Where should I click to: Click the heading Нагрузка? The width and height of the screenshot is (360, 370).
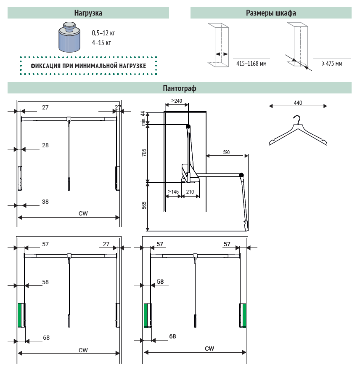tap(88, 13)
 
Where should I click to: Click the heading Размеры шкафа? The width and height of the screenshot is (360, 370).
tap(271, 13)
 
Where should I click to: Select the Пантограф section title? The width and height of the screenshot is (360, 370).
tap(180, 88)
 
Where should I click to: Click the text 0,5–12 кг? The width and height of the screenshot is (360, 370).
tap(103, 33)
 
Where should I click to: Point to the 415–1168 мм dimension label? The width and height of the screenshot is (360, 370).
tap(251, 64)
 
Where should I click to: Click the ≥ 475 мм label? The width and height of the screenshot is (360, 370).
tap(332, 64)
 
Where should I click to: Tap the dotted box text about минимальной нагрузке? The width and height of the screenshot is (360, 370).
tap(88, 66)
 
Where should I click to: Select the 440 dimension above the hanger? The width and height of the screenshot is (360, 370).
tap(298, 103)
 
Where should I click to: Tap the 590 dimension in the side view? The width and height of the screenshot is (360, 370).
tap(226, 152)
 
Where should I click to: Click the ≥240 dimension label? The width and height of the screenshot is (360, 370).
tap(177, 101)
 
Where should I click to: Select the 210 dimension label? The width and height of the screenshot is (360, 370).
tap(190, 192)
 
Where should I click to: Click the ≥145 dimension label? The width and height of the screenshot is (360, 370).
tap(173, 192)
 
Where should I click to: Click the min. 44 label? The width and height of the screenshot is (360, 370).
tap(143, 118)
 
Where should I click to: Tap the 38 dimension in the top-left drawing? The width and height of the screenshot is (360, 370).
tap(45, 202)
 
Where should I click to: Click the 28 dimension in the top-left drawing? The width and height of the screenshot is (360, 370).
tap(45, 145)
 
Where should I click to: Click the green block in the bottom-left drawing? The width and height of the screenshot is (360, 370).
tap(19, 315)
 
